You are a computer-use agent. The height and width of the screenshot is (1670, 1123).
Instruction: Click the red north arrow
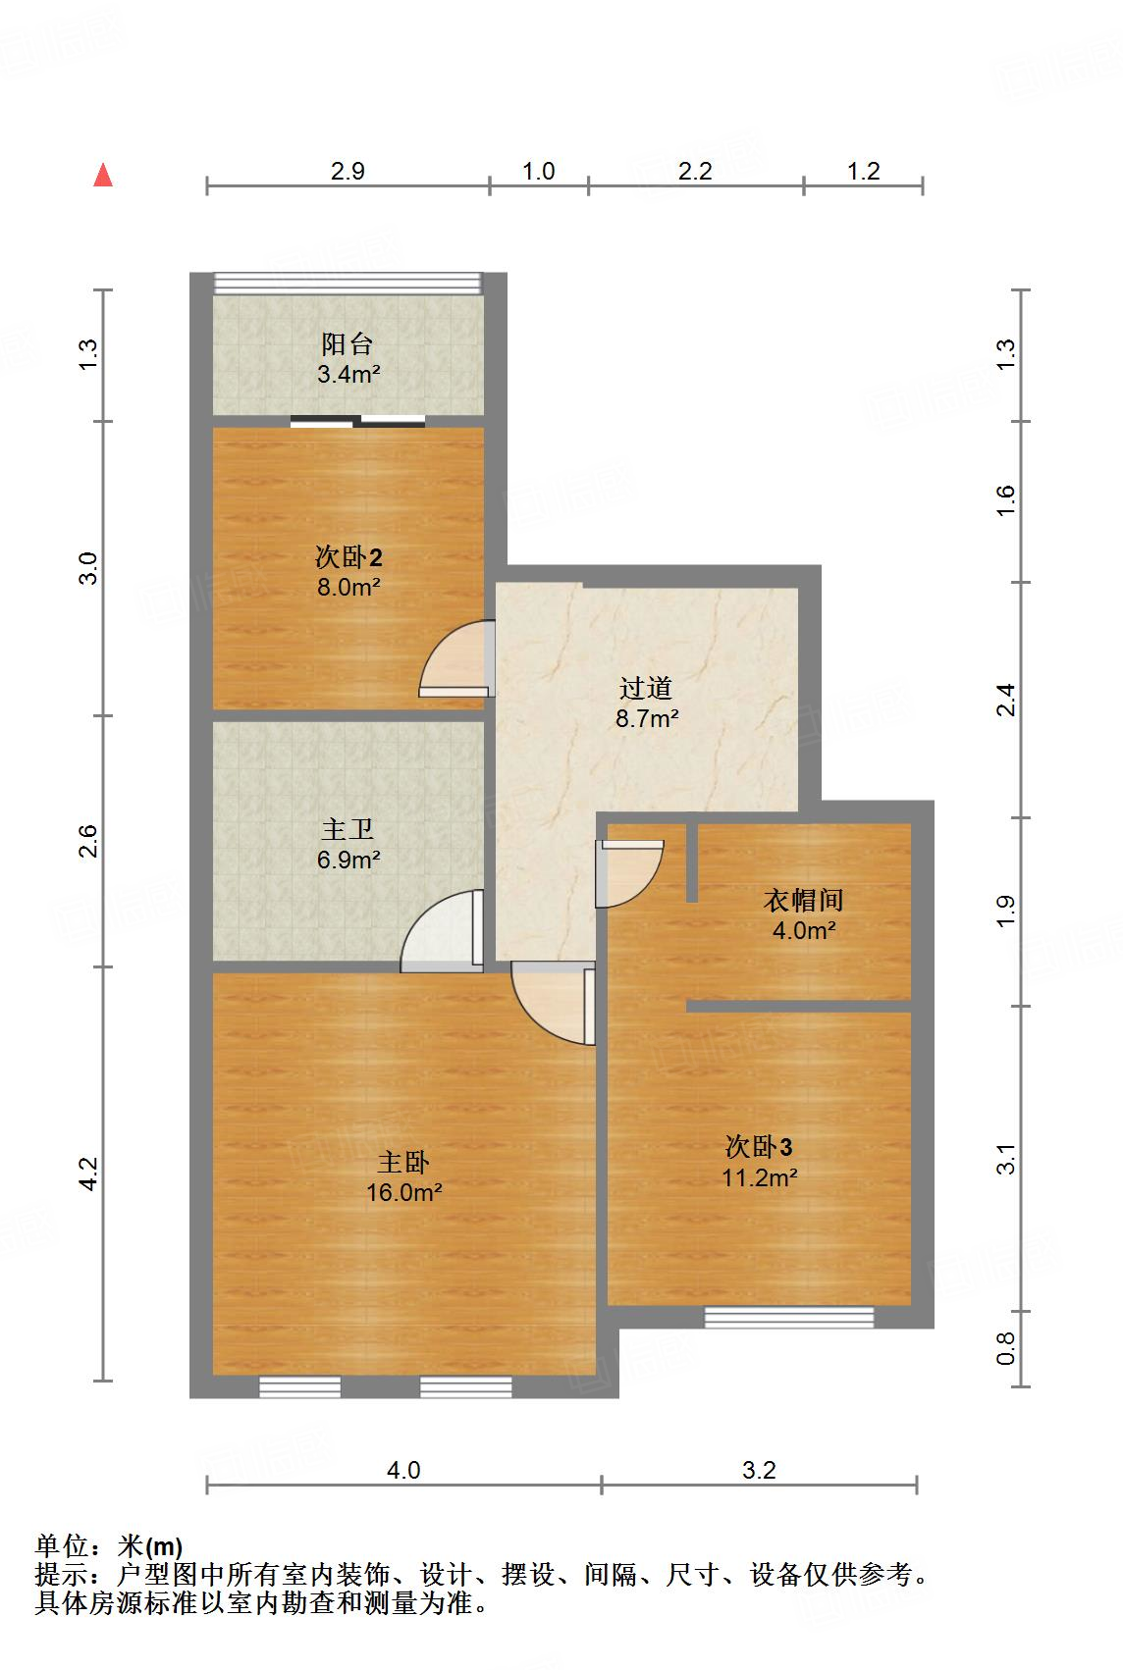coord(103,176)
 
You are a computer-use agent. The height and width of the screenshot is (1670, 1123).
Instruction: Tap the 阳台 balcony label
coord(348,344)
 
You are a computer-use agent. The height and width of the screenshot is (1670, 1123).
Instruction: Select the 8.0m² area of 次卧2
coord(348,588)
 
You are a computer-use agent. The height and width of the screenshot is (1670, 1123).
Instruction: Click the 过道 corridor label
coord(646,688)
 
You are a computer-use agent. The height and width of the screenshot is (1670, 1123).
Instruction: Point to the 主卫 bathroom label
coord(348,830)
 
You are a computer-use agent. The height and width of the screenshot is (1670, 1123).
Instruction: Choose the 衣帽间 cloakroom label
coord(803,900)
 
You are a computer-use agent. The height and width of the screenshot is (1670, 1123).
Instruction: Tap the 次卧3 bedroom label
coord(759,1146)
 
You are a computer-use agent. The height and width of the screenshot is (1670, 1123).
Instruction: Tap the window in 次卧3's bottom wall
coord(789,1317)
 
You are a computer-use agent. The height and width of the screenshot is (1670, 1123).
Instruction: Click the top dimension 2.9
coord(348,172)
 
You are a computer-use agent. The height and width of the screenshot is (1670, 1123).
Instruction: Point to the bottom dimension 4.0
coord(403,1470)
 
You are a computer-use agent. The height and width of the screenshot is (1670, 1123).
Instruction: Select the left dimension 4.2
coord(89,1174)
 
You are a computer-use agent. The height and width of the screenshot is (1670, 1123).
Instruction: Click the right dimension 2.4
coord(1005,701)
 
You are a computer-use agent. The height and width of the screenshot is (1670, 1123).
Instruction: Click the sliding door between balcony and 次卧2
coord(358,422)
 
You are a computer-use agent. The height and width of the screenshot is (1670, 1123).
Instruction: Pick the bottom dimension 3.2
coord(759,1470)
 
